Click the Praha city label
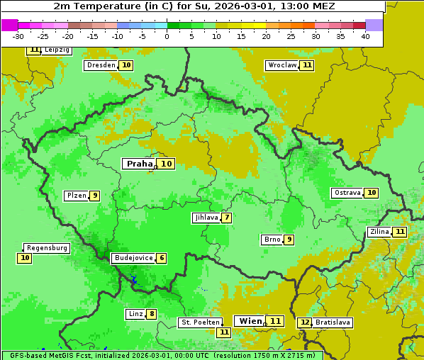point(139,164)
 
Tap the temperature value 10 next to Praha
point(166,164)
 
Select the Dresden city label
point(101,65)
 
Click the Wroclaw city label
point(282,65)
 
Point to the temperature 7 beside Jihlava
point(226,218)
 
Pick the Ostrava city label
point(347,193)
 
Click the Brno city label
point(272,240)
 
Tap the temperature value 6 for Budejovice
point(162,258)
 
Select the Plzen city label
point(76,196)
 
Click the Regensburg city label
point(47,248)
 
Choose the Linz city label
point(135,314)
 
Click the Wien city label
point(250,321)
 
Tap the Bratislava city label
point(333,322)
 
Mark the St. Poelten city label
point(201,322)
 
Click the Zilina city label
point(379,232)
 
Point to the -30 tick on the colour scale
point(18,36)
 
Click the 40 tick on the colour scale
point(365,36)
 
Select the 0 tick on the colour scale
point(167,36)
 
